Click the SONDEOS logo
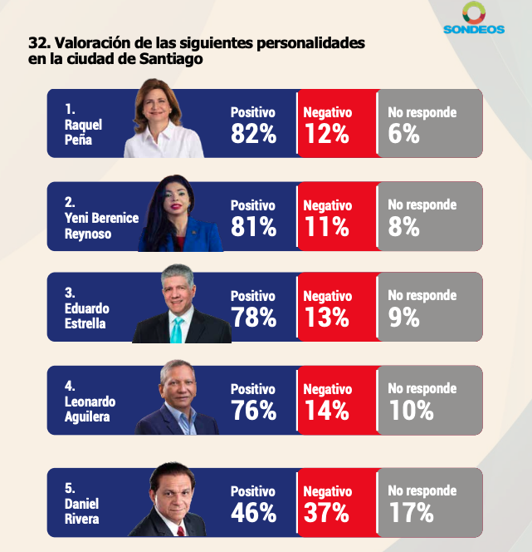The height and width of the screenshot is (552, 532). [x=474, y=18]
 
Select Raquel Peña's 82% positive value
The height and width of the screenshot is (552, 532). [x=253, y=134]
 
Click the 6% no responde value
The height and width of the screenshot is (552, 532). [x=403, y=134]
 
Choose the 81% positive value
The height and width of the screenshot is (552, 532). [x=253, y=226]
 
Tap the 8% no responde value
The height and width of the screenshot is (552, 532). [x=403, y=226]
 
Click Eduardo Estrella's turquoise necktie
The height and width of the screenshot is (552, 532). [x=177, y=329]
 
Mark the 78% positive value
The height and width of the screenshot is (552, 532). [x=253, y=317]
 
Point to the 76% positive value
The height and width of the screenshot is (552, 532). [x=253, y=410]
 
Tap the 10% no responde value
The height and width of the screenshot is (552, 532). [x=411, y=410]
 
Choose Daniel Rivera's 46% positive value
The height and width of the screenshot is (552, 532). [x=253, y=512]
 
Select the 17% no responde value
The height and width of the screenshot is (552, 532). [x=411, y=512]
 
